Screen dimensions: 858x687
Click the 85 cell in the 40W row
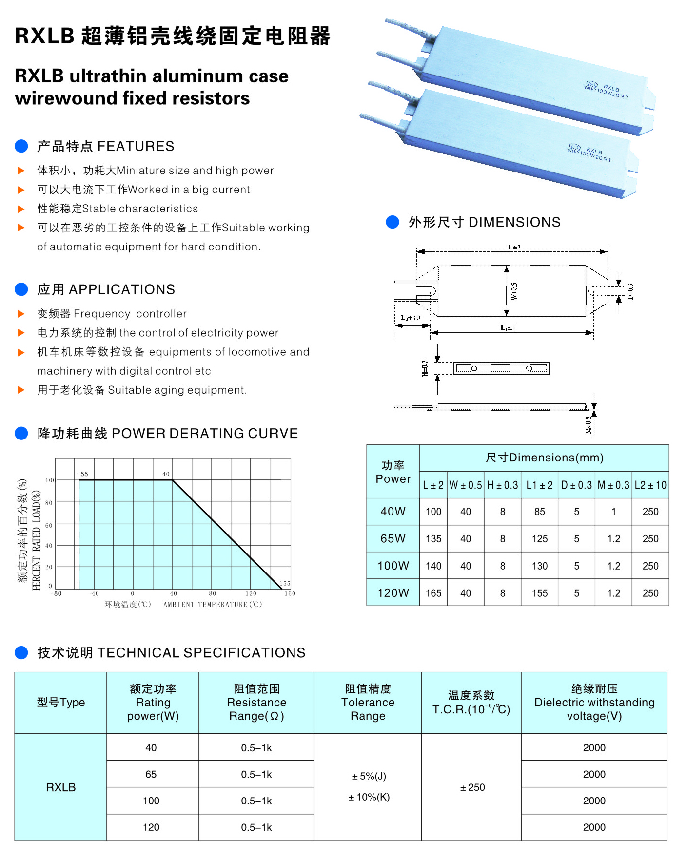tap(539, 512)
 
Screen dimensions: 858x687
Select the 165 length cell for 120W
tap(433, 593)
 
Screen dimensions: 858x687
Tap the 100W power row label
tap(393, 566)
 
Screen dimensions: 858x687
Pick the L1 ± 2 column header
tap(539, 485)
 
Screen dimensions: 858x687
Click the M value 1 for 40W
tap(613, 512)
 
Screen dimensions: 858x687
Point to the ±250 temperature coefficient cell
tap(472, 787)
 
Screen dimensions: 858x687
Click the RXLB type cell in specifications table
tap(61, 787)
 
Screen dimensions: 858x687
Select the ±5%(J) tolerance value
tap(369, 776)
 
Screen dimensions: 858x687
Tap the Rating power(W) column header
tap(153, 703)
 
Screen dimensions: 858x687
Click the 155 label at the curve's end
tap(285, 583)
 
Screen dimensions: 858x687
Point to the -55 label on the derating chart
tap(83, 474)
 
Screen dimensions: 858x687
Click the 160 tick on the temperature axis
tap(290, 593)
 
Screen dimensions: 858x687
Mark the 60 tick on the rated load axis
tap(49, 525)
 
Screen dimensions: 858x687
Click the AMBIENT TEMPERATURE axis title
tap(212, 605)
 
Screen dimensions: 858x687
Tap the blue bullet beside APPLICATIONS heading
tap(21, 289)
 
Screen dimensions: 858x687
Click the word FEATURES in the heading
tap(136, 146)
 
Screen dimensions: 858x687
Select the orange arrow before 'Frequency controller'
tap(21, 314)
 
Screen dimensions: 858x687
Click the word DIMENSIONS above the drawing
tap(514, 222)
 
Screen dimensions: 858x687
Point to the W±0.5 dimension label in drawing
tap(514, 291)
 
